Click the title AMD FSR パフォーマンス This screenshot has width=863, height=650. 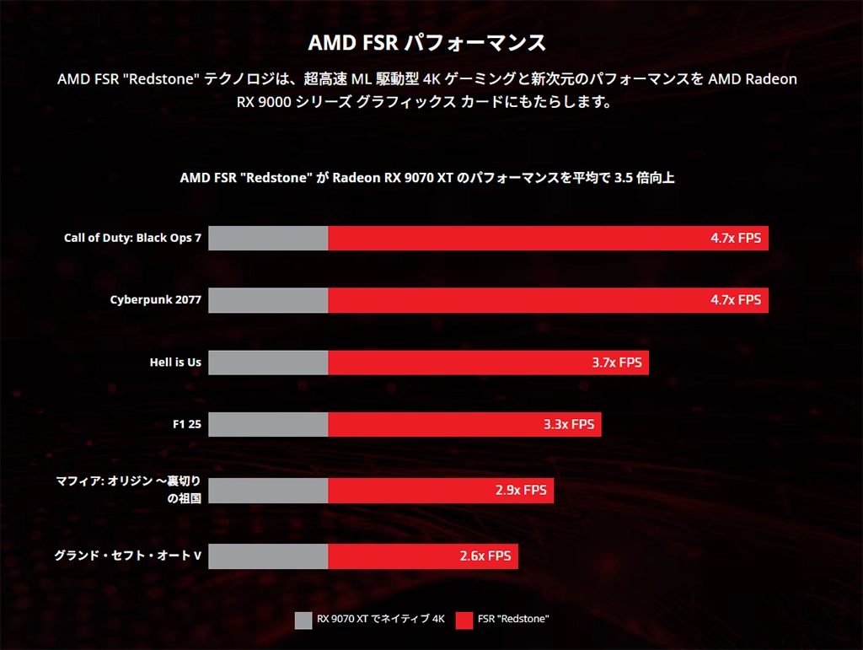pyautogui.click(x=426, y=43)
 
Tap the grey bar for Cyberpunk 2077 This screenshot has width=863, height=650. pyautogui.click(x=268, y=300)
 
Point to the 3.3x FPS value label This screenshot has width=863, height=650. pyautogui.click(x=569, y=424)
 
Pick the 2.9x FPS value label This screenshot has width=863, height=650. pyautogui.click(x=521, y=490)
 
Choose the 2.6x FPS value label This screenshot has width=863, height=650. pyautogui.click(x=485, y=556)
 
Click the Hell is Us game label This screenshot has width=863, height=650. pyautogui.click(x=175, y=363)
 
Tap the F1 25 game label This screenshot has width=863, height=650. pyautogui.click(x=186, y=424)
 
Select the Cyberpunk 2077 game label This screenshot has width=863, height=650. pyautogui.click(x=156, y=300)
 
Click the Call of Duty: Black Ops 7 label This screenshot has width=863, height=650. pyautogui.click(x=132, y=239)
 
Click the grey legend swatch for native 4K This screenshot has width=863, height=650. pyautogui.click(x=303, y=620)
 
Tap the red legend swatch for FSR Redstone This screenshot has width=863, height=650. pyautogui.click(x=464, y=620)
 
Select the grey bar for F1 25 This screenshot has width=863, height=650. pyautogui.click(x=268, y=424)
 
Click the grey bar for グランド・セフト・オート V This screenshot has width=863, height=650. pyautogui.click(x=268, y=556)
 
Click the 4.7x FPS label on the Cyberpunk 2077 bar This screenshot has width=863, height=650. pyautogui.click(x=735, y=300)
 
